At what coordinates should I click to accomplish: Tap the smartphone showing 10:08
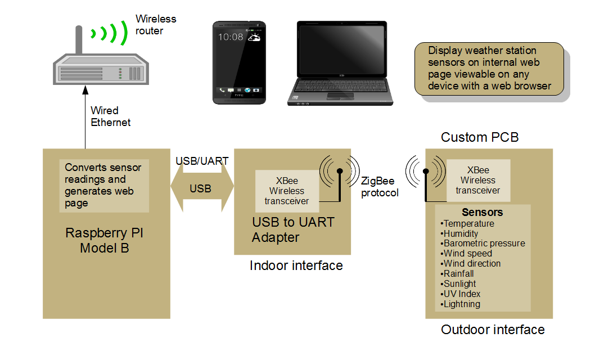tap(240, 62)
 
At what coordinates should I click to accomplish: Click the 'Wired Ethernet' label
tap(110, 116)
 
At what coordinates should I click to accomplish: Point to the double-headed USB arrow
tap(201, 188)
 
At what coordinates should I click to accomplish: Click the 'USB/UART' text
tap(202, 161)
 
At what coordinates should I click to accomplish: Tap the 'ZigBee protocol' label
tap(380, 187)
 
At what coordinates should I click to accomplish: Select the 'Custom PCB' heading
tap(479, 137)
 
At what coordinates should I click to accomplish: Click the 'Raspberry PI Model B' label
tap(105, 240)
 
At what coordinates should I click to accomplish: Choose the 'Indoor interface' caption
tap(296, 265)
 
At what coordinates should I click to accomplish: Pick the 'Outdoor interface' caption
tap(493, 330)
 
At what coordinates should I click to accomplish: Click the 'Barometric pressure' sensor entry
tap(484, 244)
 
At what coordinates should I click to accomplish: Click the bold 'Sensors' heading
tap(482, 213)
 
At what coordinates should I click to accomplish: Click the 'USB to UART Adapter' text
tap(293, 229)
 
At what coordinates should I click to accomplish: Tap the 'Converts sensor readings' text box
tap(104, 185)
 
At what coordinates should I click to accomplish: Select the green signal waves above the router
tap(109, 33)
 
